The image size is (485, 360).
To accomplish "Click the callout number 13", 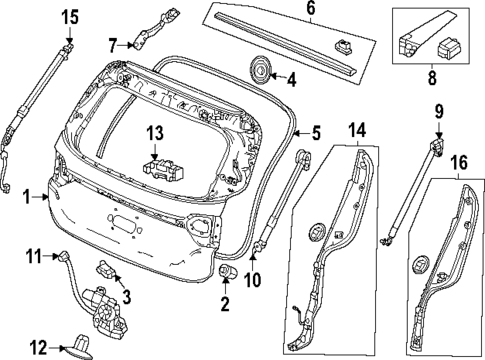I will pos(154,135).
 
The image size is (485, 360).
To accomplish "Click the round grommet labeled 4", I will pos(260,70).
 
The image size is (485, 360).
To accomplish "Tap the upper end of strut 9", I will pos(438,148).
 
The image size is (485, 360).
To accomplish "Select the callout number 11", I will pos(31,257).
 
